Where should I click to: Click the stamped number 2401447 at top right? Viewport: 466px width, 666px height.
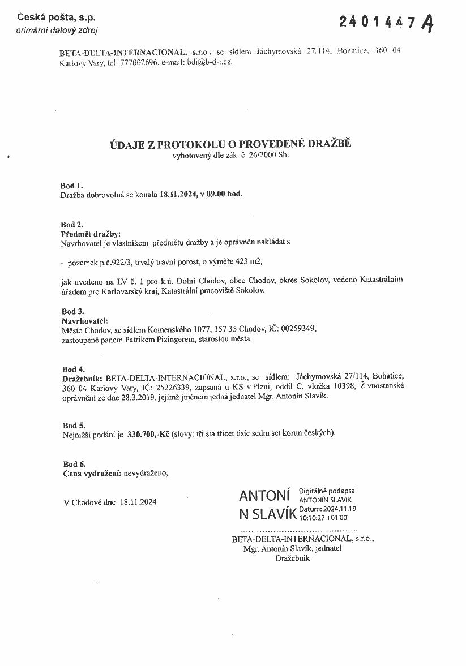(379, 22)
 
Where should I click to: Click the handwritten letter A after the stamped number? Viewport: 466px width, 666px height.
(429, 23)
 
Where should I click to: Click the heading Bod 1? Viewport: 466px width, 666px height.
(71, 185)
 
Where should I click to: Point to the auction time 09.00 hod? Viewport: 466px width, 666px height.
(225, 194)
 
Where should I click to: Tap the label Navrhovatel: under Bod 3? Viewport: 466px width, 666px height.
(84, 320)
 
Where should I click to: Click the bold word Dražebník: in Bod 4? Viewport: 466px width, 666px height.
(83, 377)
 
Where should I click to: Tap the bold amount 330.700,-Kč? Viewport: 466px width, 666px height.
(148, 434)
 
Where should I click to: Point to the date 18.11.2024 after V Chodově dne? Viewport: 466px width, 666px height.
(138, 502)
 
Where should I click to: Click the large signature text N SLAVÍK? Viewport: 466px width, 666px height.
(268, 515)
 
